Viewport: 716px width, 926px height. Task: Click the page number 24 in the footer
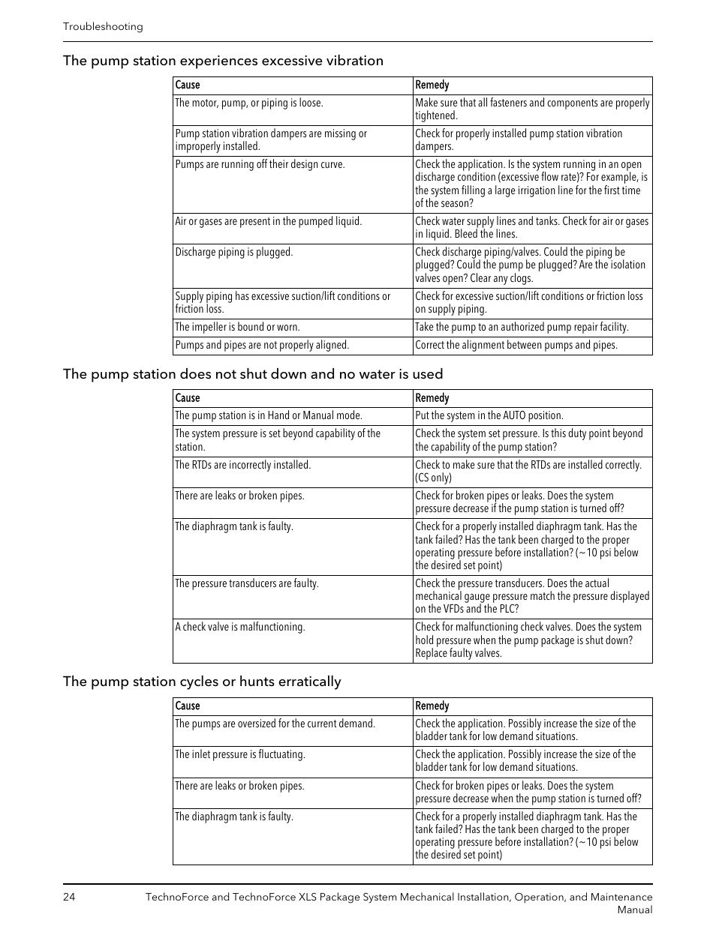point(69,897)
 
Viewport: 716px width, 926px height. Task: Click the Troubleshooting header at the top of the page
point(103,26)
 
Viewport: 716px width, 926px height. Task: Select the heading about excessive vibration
point(223,61)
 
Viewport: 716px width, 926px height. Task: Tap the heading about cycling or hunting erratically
point(202,682)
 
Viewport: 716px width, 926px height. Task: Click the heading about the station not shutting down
point(253,374)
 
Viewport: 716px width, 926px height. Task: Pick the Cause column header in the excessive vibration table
point(188,85)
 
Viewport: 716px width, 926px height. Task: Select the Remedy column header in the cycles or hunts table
point(432,706)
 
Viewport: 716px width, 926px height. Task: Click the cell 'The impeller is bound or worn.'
point(237,327)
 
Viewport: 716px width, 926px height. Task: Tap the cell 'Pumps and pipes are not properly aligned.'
point(262,345)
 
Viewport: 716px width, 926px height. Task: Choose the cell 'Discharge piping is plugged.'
point(234,252)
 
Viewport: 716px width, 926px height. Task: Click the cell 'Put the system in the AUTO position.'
point(489,415)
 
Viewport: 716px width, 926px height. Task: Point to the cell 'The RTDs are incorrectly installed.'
point(242,465)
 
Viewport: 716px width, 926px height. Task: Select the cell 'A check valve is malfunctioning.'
point(240,627)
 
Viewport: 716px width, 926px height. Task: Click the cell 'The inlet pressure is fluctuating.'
point(240,754)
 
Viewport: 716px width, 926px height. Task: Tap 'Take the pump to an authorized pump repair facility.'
point(522,327)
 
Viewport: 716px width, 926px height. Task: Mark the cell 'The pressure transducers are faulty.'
point(247,583)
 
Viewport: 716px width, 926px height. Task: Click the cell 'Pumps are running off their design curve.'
point(260,164)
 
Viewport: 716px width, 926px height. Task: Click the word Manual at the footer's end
point(634,910)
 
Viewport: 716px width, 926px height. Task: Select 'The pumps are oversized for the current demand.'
point(275,724)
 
